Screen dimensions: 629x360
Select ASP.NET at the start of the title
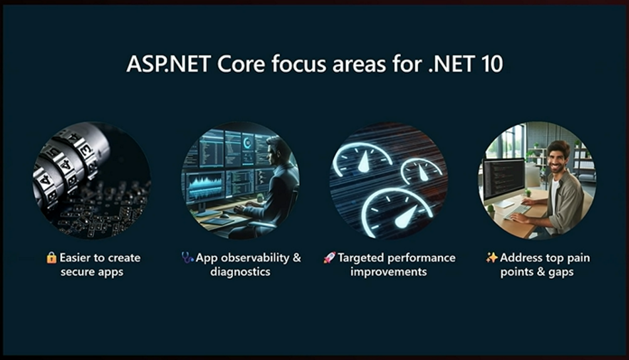[x=169, y=64]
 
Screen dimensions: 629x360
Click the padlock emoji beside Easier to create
[x=52, y=257]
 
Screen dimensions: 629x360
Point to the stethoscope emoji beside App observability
[x=187, y=257]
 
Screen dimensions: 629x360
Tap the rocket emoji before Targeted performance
[x=329, y=257]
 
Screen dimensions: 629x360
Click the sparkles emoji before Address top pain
[x=491, y=257]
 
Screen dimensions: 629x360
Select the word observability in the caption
[x=255, y=257]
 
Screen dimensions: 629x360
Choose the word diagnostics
[x=240, y=272]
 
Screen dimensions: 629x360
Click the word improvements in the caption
[x=388, y=272]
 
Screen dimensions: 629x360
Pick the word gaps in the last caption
[x=560, y=273]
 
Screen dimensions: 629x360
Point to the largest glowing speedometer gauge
[x=395, y=208]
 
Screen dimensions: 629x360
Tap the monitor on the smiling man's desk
[x=504, y=179]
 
